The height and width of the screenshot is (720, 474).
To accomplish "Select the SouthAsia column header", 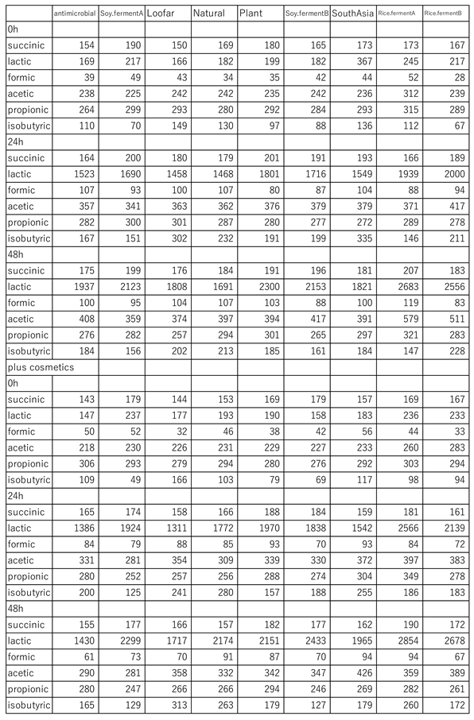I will [x=352, y=14].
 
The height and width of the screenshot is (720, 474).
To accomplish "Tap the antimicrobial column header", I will [x=75, y=14].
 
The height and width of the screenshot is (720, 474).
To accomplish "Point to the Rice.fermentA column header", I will [x=399, y=14].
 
